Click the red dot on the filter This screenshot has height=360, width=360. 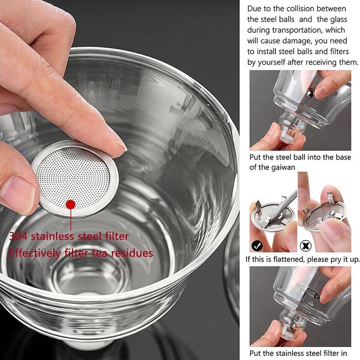click(x=71, y=204)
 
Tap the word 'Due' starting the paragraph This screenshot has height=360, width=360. click(x=255, y=9)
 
